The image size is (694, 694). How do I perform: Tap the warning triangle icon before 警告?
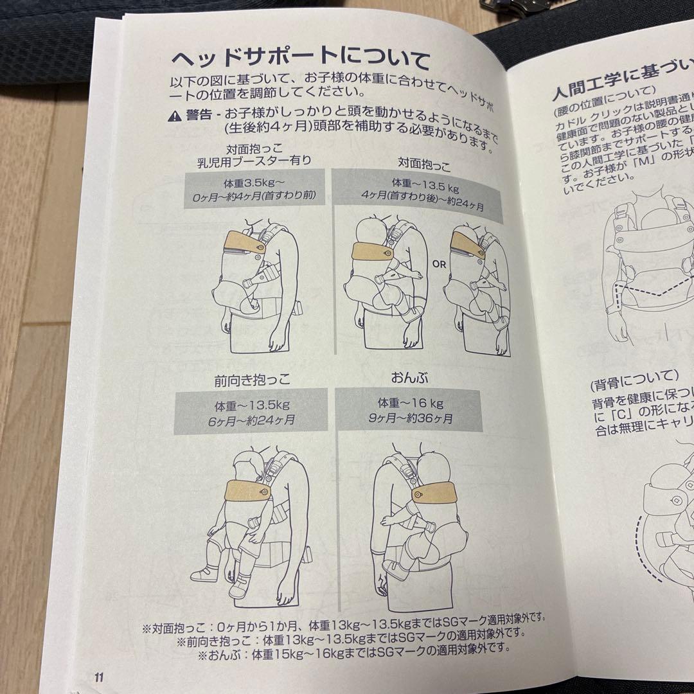pos(174,116)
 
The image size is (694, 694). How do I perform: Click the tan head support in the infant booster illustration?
pos(244,244)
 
